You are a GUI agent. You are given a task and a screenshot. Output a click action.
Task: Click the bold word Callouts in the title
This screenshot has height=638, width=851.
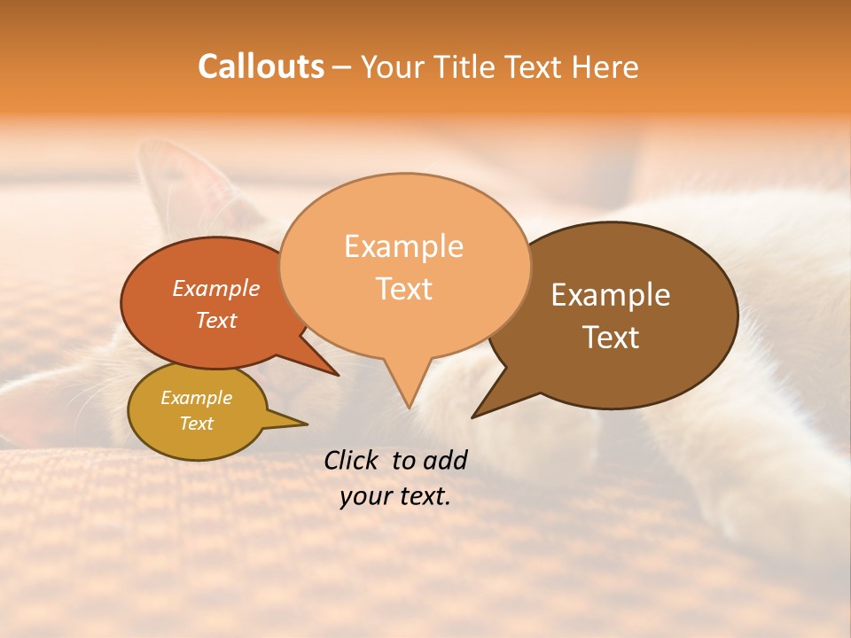coord(261,66)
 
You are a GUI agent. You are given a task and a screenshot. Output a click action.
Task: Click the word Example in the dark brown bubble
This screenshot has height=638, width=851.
coord(611,295)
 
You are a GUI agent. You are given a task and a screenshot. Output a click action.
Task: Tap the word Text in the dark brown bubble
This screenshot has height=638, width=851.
coord(611,338)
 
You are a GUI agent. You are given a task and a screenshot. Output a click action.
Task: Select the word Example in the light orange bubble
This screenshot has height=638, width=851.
coord(403,246)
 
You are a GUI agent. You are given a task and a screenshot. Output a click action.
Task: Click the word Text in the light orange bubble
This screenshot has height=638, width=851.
coord(404,289)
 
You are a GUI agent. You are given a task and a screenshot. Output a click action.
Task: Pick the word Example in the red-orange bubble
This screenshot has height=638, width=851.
coord(216,288)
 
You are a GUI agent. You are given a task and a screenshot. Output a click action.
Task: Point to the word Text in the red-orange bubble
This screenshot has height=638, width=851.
coord(216,320)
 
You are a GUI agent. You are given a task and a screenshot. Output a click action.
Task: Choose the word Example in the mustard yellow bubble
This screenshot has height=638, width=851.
coord(196,398)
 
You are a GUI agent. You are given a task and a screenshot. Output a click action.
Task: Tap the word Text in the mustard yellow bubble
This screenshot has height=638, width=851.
coord(196,424)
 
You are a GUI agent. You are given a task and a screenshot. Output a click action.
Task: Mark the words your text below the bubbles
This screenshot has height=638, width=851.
coord(395,496)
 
